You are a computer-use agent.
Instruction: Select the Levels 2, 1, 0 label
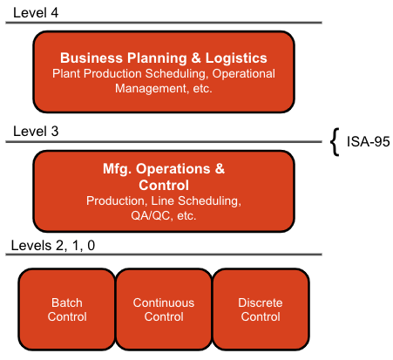53,245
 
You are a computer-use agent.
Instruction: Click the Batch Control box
67,309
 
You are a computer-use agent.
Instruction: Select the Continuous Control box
164,309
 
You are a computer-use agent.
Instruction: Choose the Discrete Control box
261,309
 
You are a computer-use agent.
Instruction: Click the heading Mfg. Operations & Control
163,176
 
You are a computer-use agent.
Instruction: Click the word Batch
67,302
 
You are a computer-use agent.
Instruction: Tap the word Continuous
164,302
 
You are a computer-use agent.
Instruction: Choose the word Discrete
261,302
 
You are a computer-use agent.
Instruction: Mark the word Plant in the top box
68,74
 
